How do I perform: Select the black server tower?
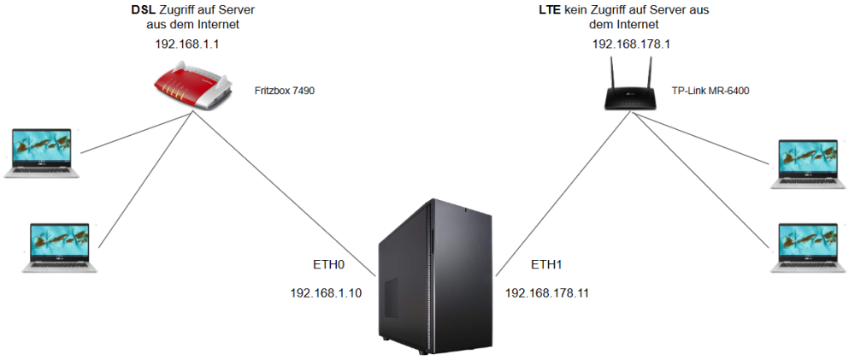tap(434, 276)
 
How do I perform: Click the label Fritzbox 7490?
tap(285, 91)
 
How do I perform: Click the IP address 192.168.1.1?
tap(187, 44)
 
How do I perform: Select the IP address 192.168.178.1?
tap(632, 44)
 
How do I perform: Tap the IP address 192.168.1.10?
tap(326, 293)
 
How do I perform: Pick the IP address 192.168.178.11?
tap(547, 293)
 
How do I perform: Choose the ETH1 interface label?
tap(546, 265)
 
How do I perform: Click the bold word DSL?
tap(144, 10)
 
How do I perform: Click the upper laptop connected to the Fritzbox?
tap(41, 153)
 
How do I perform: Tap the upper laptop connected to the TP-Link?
tap(808, 164)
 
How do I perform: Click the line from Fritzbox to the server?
tap(284, 193)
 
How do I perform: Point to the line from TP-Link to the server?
tap(563, 193)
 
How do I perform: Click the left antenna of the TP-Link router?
tap(613, 74)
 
